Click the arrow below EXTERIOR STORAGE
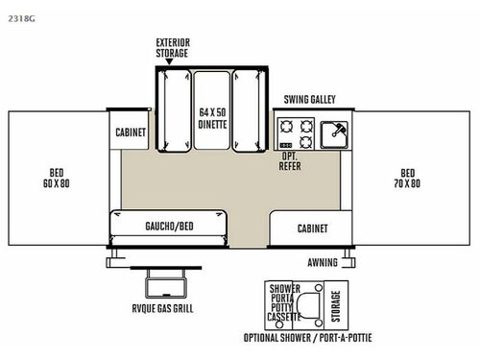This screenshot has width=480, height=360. tap(170, 61)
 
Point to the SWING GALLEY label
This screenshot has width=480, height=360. tap(310, 100)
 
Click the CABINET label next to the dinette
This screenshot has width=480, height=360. tap(132, 132)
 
